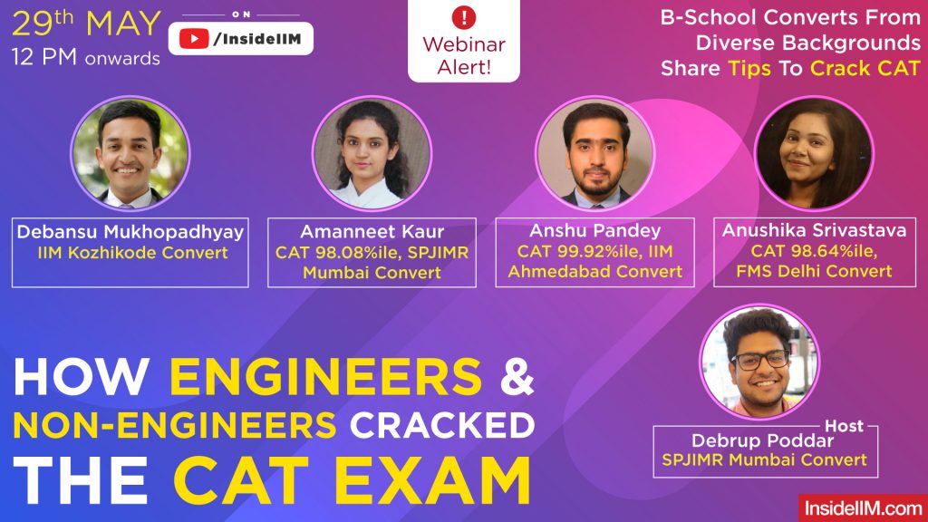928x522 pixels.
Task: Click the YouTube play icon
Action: (192, 38)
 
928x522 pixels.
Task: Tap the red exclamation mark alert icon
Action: (464, 16)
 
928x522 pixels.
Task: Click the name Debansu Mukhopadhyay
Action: (130, 232)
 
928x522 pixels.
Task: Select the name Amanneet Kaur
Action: (372, 232)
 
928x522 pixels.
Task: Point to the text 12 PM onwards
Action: (86, 59)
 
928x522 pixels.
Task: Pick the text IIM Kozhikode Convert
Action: (130, 253)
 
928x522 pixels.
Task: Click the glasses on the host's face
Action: (759, 360)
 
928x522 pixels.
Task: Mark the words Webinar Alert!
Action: (464, 54)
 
